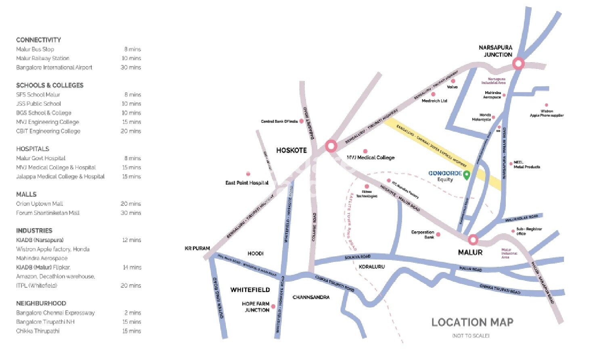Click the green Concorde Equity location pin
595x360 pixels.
coord(467,175)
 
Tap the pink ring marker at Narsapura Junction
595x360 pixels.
coord(518,63)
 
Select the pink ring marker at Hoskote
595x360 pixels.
coord(331,146)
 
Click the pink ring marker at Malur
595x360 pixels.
coord(473,240)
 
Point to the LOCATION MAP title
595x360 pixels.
coord(472,322)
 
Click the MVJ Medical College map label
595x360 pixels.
coord(371,157)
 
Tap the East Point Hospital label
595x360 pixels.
coord(247,183)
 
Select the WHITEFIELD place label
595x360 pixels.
coord(250,290)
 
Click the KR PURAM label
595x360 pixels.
coord(197,249)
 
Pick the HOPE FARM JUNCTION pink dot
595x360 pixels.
coord(273,307)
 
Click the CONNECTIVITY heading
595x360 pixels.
coord(38,40)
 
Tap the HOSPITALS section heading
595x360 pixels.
coord(33,149)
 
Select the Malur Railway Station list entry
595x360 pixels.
coord(43,58)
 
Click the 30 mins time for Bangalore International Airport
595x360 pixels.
coord(131,67)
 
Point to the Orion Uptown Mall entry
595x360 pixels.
coord(40,204)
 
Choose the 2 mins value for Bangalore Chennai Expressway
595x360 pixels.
coord(133,313)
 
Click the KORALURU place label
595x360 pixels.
coord(372,267)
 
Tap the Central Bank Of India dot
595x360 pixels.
coord(301,121)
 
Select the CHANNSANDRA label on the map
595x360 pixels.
coord(311,297)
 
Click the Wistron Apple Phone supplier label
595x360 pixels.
coord(547,113)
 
